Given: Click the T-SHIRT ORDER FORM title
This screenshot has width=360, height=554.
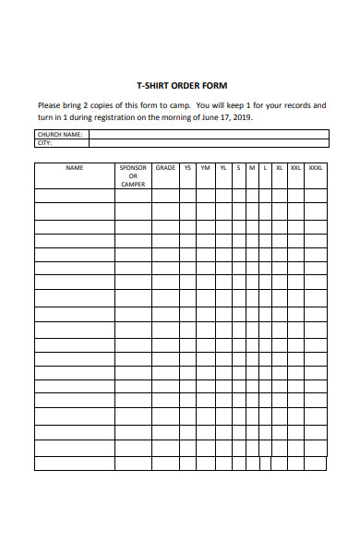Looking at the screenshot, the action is coord(181,85).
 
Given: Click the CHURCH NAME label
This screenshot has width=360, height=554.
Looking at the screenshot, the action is coord(60,134).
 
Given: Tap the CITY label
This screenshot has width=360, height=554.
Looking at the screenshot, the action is coord(44,143).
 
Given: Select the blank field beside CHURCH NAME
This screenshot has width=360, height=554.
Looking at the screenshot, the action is coord(208,134).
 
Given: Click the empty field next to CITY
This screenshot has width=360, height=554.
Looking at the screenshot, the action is coord(208,143).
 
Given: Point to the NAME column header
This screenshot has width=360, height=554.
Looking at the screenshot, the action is coord(74,168).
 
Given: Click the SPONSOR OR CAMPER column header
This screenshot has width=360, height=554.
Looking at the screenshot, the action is coord(133,175).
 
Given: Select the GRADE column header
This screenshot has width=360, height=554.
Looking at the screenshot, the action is coord(165,168).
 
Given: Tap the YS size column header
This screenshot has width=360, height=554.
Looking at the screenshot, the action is coord(187,168).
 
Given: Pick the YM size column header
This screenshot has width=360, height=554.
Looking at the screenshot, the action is coord(205,168).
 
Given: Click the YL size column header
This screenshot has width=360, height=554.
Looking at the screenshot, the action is coord(223,168).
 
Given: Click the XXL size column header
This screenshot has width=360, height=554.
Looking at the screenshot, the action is coord(295,168).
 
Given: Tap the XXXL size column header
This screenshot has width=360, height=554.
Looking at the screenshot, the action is coord(315,168).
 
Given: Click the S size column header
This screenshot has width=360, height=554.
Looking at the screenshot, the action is coord(238,168).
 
